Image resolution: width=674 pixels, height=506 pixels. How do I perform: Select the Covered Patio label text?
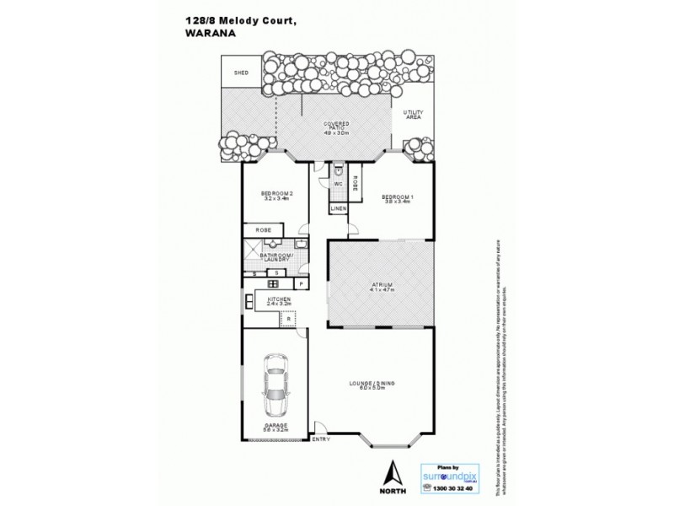(337, 128)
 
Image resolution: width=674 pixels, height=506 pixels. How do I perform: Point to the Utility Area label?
(412, 114)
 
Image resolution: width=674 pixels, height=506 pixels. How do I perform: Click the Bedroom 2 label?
(275, 196)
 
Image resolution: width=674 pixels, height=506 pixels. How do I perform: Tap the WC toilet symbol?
(337, 169)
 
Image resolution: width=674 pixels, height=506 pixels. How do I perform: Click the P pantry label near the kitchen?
(299, 283)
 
